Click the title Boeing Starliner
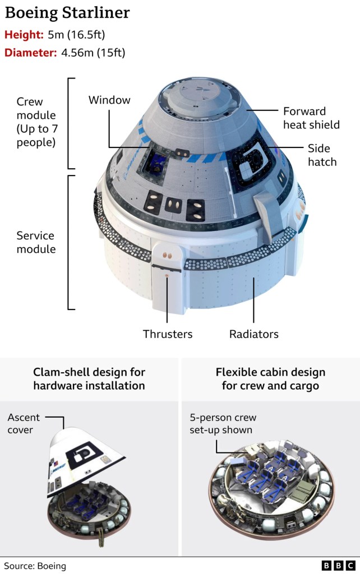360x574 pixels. [67, 13]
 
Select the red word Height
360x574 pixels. [24, 35]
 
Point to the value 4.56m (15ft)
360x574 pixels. [93, 53]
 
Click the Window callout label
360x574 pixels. [109, 100]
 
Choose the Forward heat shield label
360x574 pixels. [311, 118]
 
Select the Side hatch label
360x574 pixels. [322, 155]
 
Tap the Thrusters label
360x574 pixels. [168, 334]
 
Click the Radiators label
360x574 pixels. [254, 334]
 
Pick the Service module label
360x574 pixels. [36, 242]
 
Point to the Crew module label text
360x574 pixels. [36, 122]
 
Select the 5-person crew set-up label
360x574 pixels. [222, 423]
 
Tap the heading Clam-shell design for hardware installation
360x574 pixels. [89, 379]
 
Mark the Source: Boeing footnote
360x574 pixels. [35, 566]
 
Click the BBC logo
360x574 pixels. [338, 566]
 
